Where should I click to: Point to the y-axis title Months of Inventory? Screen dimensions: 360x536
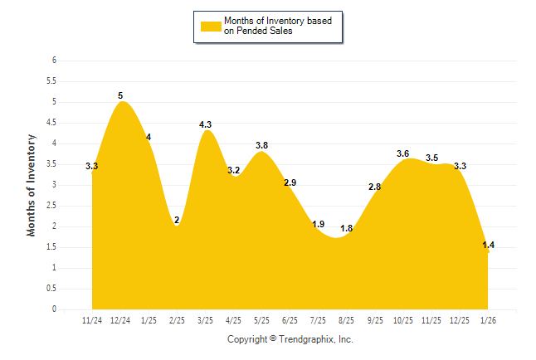click(x=32, y=185)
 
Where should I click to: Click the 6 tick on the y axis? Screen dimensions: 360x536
click(x=54, y=61)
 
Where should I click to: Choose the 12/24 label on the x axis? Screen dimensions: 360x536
click(x=119, y=320)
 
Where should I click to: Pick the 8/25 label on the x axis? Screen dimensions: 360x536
click(x=346, y=320)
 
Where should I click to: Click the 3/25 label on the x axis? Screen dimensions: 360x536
click(x=205, y=320)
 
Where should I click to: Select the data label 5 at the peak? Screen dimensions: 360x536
click(x=120, y=96)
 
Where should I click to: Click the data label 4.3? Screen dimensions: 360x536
click(x=206, y=125)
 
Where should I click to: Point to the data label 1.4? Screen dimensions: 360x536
click(x=488, y=245)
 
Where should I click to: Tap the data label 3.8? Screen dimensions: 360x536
click(x=261, y=146)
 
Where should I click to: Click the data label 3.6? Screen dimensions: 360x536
click(x=403, y=153)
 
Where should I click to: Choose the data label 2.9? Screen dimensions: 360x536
click(x=290, y=182)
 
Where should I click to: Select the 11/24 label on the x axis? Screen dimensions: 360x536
click(x=91, y=320)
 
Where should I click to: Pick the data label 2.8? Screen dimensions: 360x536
click(x=375, y=187)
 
